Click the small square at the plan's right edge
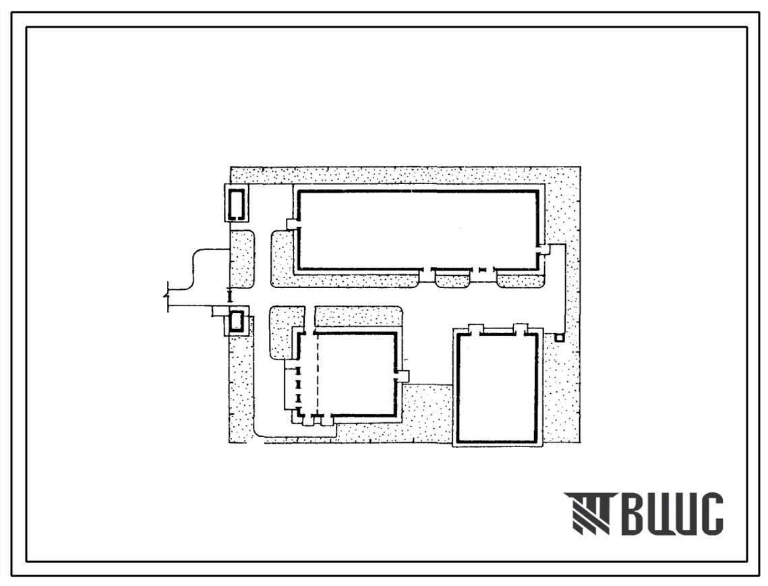click(x=560, y=338)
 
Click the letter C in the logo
click(x=709, y=513)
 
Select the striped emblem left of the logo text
click(x=587, y=513)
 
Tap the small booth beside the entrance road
click(x=237, y=321)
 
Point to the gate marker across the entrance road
click(x=229, y=296)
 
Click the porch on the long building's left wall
click(x=293, y=224)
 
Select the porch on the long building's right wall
click(x=543, y=249)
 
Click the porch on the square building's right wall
click(x=402, y=376)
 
